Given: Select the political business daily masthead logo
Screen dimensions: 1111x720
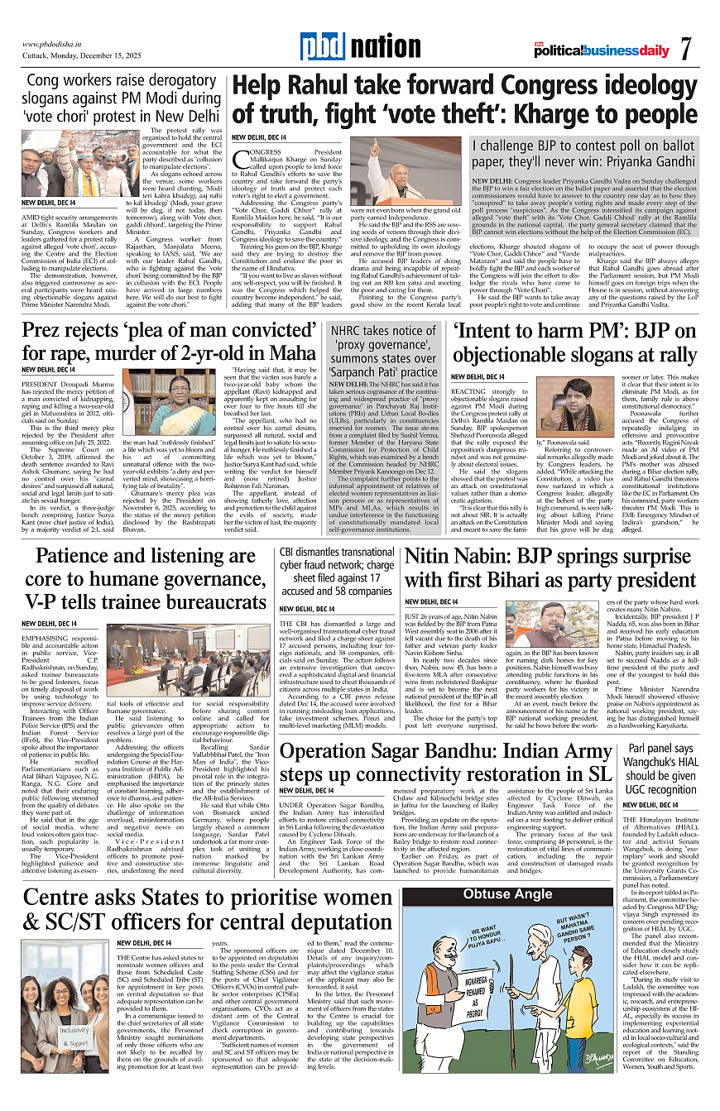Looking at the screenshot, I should coord(602,50).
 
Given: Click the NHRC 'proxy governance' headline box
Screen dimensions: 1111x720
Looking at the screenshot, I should coord(383,353).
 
